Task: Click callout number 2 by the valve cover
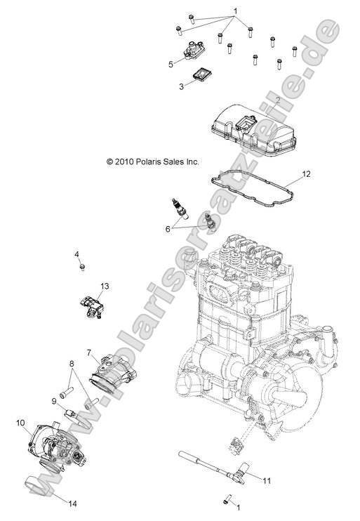point(278,100)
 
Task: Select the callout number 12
point(306,173)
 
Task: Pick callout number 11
point(266,480)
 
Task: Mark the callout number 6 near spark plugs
point(168,227)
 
